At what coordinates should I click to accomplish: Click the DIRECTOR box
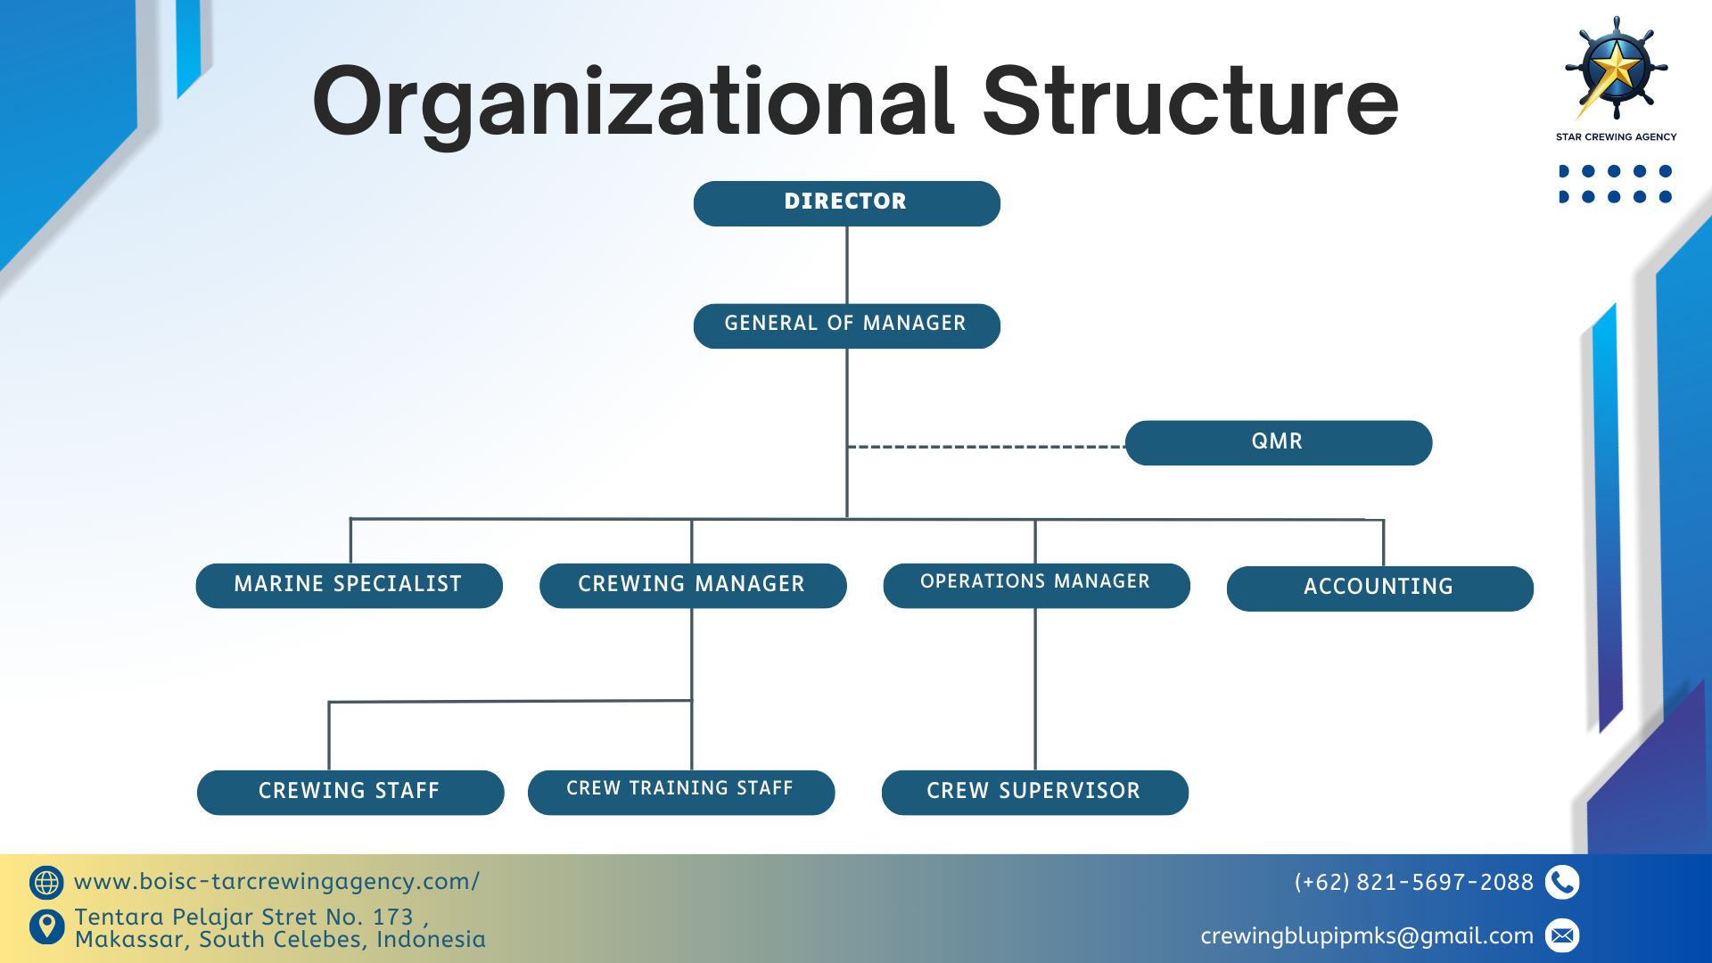846,203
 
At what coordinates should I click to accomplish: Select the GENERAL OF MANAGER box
846,325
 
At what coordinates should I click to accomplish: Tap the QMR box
1278,442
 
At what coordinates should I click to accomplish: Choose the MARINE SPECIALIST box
349,585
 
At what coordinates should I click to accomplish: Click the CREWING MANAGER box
692,585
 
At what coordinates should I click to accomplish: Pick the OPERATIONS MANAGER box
1036,585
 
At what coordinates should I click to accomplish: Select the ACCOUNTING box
1379,588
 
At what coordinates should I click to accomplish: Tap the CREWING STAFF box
350,792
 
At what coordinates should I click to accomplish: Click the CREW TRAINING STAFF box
680,792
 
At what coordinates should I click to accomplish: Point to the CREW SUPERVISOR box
1034,792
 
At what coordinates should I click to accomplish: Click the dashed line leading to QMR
985,447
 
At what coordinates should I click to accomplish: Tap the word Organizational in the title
632,103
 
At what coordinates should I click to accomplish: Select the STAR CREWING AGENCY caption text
1616,137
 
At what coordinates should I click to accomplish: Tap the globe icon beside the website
46,883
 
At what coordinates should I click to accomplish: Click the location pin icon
46,927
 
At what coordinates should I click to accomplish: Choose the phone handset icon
1562,883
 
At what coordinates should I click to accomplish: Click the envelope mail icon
1562,935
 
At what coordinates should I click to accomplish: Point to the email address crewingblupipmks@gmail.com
1366,936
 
